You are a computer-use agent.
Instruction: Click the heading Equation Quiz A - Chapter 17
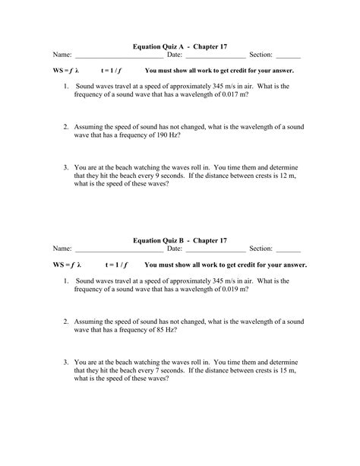pyautogui.click(x=180, y=45)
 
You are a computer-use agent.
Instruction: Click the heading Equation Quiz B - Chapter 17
pyautogui.click(x=180, y=239)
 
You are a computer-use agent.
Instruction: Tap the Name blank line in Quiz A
pyautogui.click(x=119, y=56)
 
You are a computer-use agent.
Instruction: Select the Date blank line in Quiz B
pyautogui.click(x=216, y=250)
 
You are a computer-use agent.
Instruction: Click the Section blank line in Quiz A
pyautogui.click(x=289, y=56)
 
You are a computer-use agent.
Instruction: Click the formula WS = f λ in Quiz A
pyautogui.click(x=66, y=71)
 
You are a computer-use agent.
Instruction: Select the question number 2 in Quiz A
pyautogui.click(x=66, y=127)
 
